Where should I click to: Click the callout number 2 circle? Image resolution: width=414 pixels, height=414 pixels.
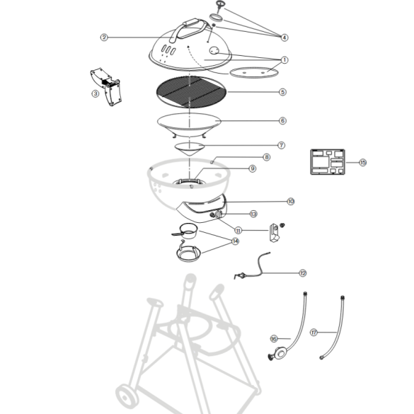(104, 37)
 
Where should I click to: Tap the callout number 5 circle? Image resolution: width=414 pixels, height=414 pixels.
(282, 91)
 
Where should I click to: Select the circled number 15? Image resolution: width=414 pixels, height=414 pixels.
(362, 163)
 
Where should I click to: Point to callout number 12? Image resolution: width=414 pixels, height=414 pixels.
(302, 272)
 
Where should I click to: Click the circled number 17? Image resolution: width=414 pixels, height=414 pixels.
(314, 331)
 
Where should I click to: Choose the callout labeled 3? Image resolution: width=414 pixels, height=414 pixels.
(95, 93)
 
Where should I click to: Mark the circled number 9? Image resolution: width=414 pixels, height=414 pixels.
(252, 168)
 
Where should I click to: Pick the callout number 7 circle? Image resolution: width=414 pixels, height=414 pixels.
(281, 145)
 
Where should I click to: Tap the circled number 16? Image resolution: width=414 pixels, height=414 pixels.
(275, 339)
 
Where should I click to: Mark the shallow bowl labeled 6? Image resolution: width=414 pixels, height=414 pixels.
(191, 125)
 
